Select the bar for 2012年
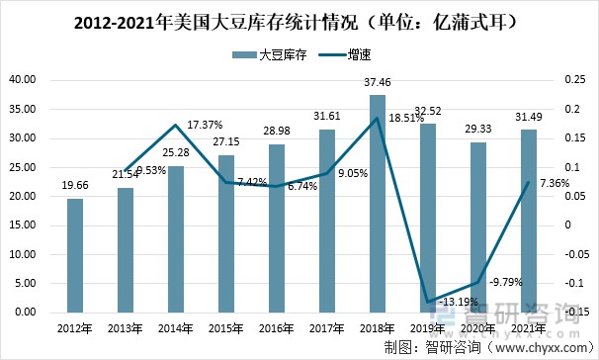75,255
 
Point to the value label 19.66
75,185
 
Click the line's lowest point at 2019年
428,302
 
